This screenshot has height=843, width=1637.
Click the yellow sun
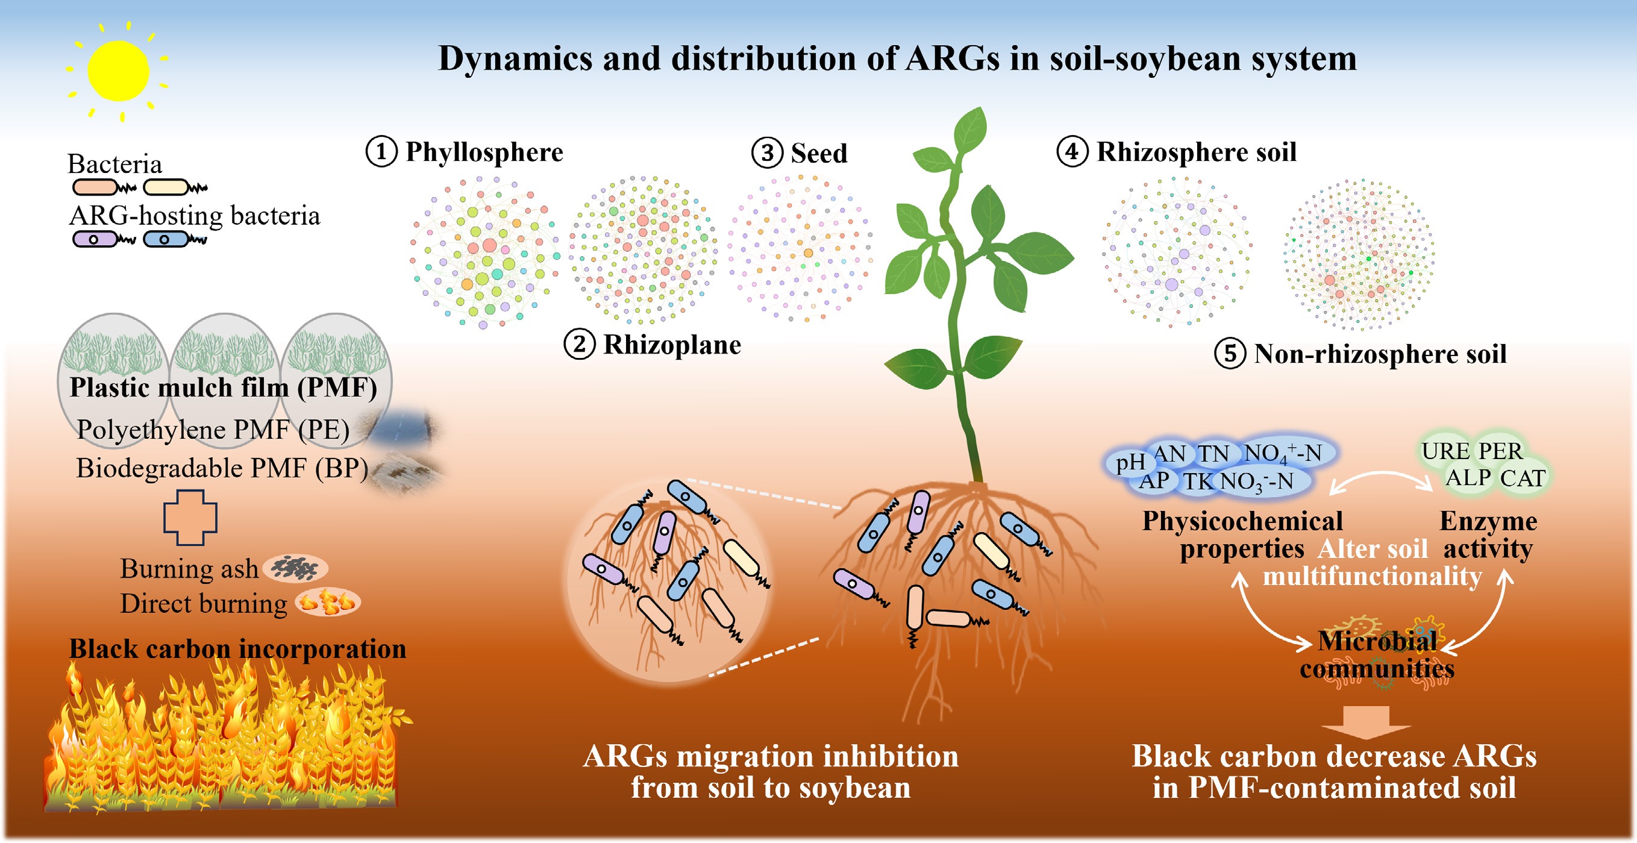click(118, 71)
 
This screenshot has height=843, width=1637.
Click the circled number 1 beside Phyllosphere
click(381, 152)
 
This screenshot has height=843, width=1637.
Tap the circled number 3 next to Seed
click(767, 153)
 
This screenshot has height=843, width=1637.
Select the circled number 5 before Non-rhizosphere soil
click(1230, 354)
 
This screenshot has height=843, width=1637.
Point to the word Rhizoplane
click(672, 345)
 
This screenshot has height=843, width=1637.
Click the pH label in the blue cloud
click(1130, 462)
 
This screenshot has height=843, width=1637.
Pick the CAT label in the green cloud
click(1523, 477)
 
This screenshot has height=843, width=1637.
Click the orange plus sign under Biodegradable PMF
click(190, 518)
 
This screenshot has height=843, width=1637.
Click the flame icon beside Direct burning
click(327, 601)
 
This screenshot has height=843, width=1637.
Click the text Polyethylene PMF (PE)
click(213, 430)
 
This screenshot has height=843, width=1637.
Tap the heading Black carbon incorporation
click(237, 648)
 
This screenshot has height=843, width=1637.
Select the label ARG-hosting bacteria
click(195, 216)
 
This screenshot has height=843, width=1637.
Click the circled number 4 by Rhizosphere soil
click(1072, 152)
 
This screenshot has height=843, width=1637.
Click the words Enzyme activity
click(1488, 534)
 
